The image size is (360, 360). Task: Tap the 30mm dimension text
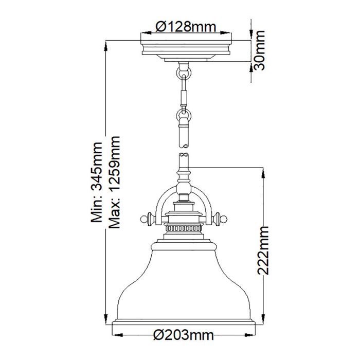pyautogui.click(x=260, y=50)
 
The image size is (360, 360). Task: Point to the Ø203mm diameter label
pyautogui.click(x=184, y=336)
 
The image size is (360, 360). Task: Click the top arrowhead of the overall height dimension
pyautogui.click(x=106, y=43)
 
